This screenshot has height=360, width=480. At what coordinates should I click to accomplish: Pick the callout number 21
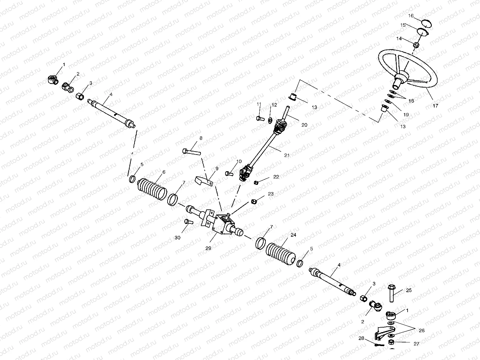coord(287,155)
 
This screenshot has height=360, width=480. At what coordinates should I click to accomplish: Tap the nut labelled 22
coord(255,182)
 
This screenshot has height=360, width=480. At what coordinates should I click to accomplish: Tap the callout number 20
coord(304,125)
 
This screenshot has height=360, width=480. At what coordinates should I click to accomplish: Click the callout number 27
coord(416,344)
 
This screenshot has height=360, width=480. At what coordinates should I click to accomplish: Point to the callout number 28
coord(361,338)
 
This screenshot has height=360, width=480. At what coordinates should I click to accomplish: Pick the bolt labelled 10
coord(229,173)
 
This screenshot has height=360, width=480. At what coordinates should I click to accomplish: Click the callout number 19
coord(406,115)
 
